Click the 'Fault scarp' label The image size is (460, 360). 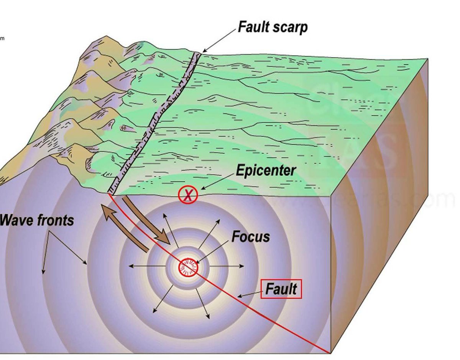pyautogui.click(x=273, y=27)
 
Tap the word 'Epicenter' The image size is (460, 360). pyautogui.click(x=266, y=170)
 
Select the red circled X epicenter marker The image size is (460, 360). pyautogui.click(x=188, y=195)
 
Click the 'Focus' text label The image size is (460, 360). pyautogui.click(x=250, y=237)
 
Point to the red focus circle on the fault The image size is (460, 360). pyautogui.click(x=188, y=267)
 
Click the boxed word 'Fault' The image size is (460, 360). pyautogui.click(x=281, y=289)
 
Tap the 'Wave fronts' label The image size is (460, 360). pyautogui.click(x=37, y=220)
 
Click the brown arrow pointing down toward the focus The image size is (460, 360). pyautogui.click(x=149, y=226)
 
